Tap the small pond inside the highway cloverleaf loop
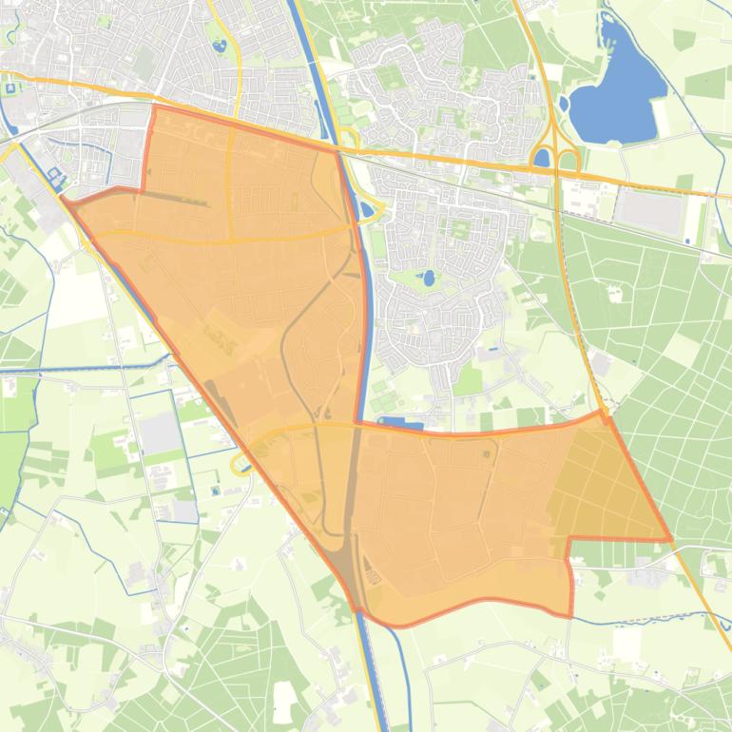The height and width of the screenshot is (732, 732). pos(543,159)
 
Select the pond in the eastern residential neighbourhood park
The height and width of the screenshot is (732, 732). pos(429,279)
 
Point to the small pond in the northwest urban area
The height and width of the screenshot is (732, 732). pos(221,44)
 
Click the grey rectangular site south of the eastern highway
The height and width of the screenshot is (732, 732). pos(648,210)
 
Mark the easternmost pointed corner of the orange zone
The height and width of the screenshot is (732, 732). pos(671,540)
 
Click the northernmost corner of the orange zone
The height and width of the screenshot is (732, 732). pos(154,106)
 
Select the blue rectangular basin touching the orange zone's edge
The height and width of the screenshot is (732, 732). pos(401,423)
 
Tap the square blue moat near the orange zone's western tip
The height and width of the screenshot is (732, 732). pos(54,177)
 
